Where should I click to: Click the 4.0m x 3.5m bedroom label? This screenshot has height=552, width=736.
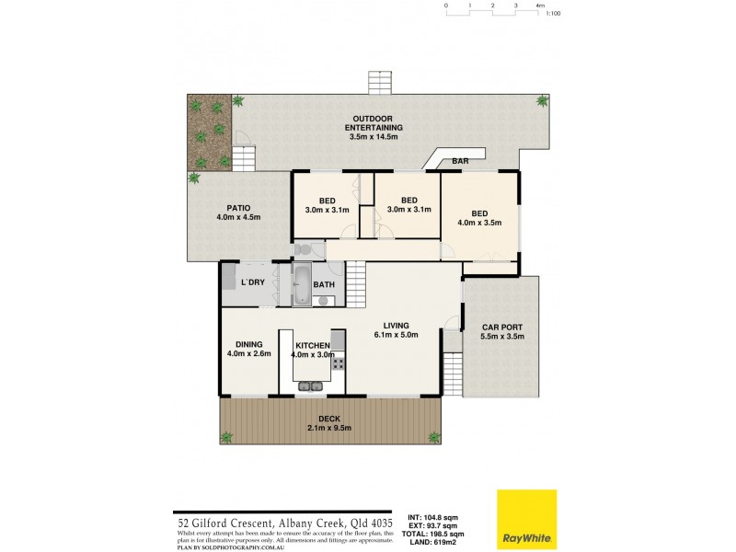(x=479, y=217)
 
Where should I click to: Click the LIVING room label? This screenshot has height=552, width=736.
(x=396, y=329)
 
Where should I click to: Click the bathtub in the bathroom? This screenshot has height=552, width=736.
(x=302, y=284)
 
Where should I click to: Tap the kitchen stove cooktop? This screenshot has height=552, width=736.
(x=338, y=363)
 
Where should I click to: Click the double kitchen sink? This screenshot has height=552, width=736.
(x=310, y=386)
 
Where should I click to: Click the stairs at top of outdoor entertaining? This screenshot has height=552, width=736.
(x=380, y=82)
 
